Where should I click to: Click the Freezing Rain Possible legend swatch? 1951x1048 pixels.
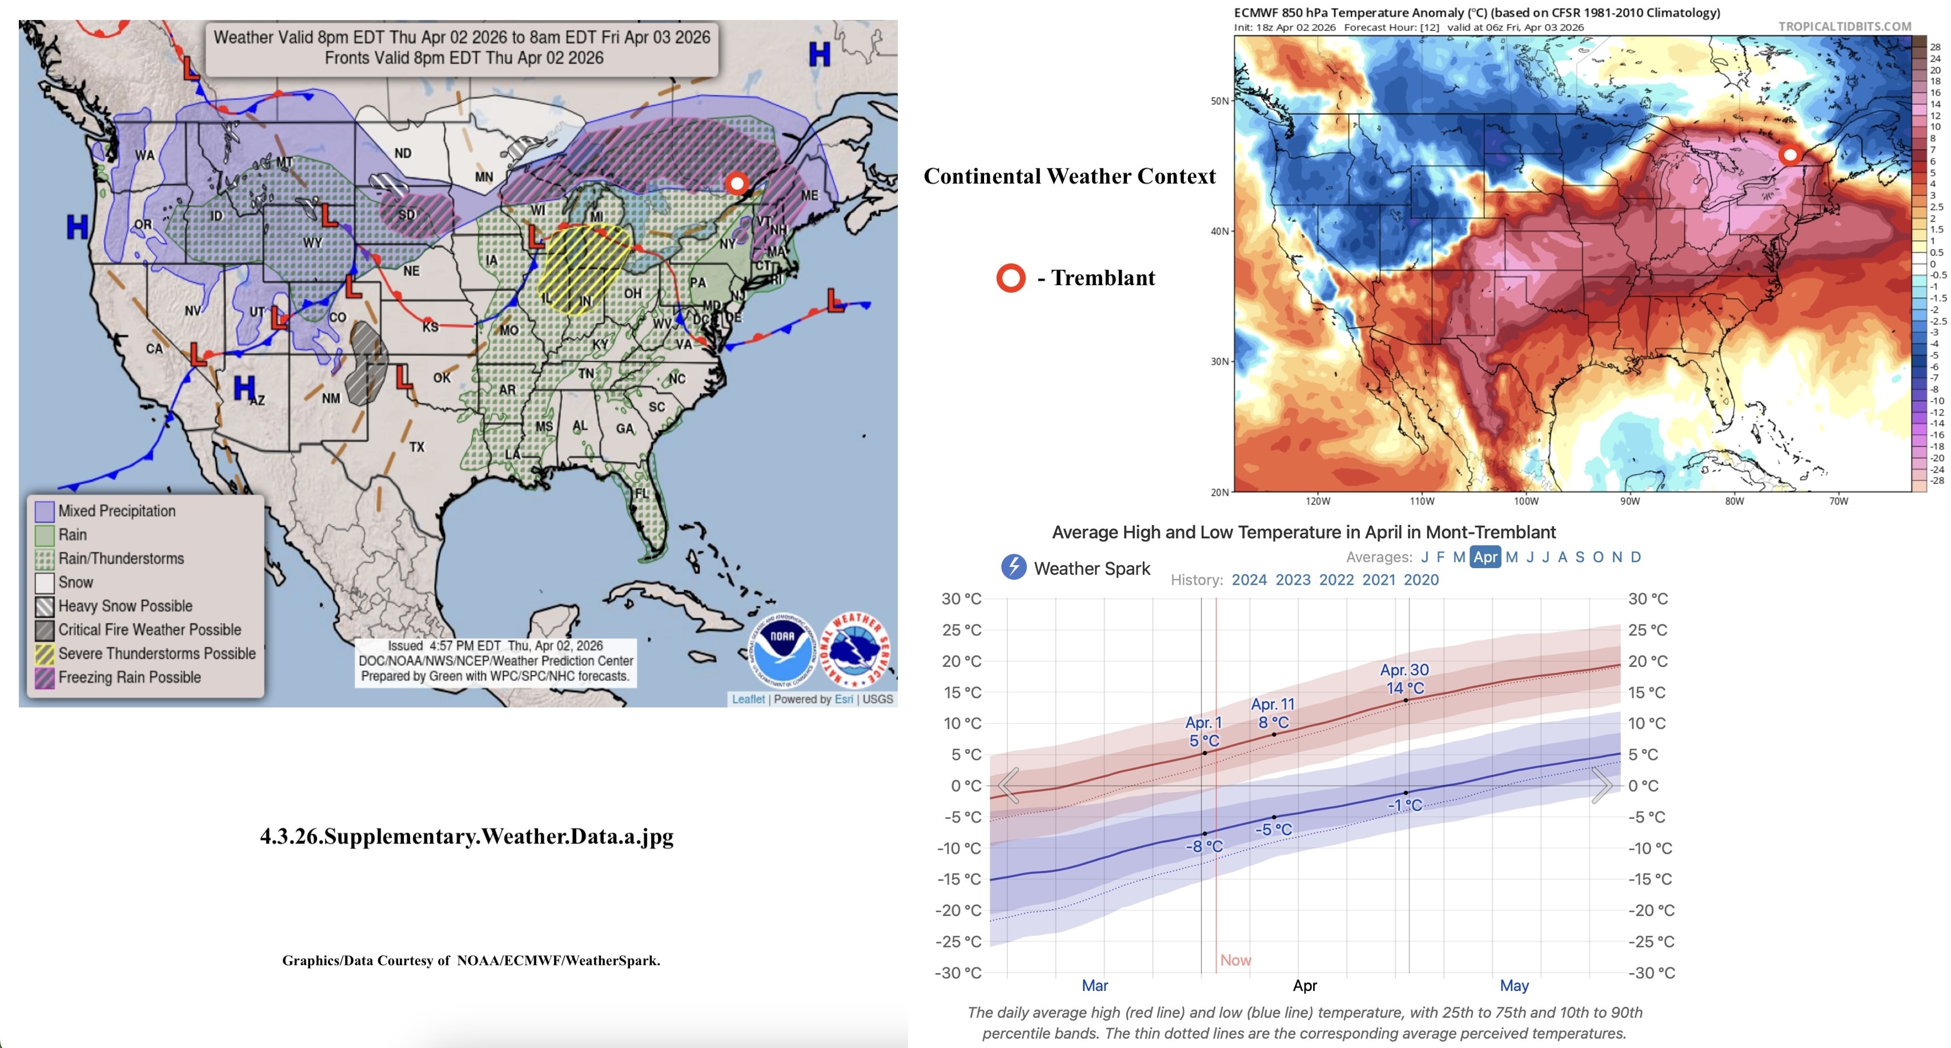click(x=45, y=678)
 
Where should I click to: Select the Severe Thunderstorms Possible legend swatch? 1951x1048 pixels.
click(x=45, y=653)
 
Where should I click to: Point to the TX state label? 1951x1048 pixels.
click(x=416, y=447)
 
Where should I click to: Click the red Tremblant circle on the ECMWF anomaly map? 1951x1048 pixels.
click(x=1790, y=155)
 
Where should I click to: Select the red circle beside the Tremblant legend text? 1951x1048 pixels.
click(x=1010, y=278)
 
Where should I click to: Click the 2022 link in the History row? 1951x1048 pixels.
click(x=1336, y=579)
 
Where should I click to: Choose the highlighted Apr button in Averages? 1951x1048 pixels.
click(x=1485, y=557)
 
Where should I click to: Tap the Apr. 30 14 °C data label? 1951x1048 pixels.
click(x=1404, y=679)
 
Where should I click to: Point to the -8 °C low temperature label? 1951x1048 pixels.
click(x=1204, y=846)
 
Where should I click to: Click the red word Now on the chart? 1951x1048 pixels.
click(x=1235, y=960)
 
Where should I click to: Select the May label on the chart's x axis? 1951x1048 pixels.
click(x=1514, y=985)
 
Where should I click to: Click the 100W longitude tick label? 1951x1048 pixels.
click(x=1526, y=501)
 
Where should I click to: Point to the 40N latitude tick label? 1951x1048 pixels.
click(x=1219, y=231)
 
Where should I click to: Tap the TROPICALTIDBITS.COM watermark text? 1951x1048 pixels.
click(x=1844, y=26)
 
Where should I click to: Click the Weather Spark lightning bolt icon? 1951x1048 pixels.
click(x=1013, y=567)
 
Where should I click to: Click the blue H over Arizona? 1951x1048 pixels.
click(x=244, y=388)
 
